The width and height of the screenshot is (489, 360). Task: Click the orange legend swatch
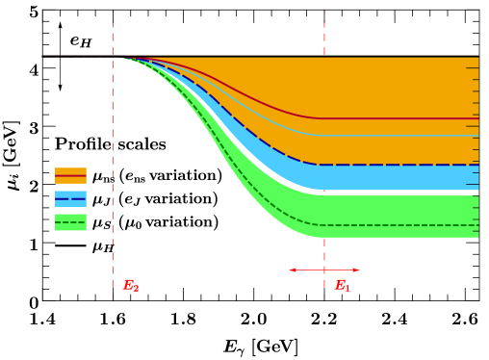tap(70, 175)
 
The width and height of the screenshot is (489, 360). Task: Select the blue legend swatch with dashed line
tap(70, 198)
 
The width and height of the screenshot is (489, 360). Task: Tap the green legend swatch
tap(70, 222)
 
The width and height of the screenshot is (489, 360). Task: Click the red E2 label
tap(130, 286)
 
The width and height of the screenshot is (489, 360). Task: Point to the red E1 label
tap(342, 286)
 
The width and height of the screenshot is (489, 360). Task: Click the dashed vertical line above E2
tap(113, 144)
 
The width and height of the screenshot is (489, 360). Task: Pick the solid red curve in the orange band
tap(404, 118)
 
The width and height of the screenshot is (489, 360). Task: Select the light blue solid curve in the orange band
tap(404, 135)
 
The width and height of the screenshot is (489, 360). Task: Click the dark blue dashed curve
tap(404, 165)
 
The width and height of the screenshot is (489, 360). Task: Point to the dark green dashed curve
tap(404, 225)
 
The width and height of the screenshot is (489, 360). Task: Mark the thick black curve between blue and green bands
tap(404, 193)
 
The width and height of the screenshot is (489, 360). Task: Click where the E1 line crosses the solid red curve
tap(324, 118)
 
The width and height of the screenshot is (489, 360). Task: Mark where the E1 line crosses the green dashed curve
tap(324, 225)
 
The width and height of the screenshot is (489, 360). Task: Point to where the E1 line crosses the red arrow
tap(324, 270)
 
